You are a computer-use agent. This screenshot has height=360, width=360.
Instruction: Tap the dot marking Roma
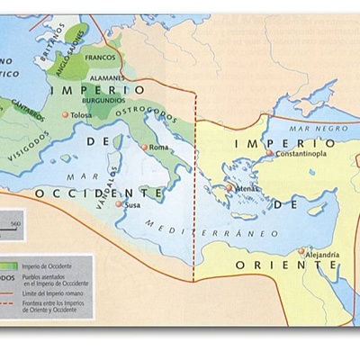tap(146, 147)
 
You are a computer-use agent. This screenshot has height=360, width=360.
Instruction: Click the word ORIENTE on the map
tap(289, 265)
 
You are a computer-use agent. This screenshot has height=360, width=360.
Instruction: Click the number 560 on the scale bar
tap(14, 220)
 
